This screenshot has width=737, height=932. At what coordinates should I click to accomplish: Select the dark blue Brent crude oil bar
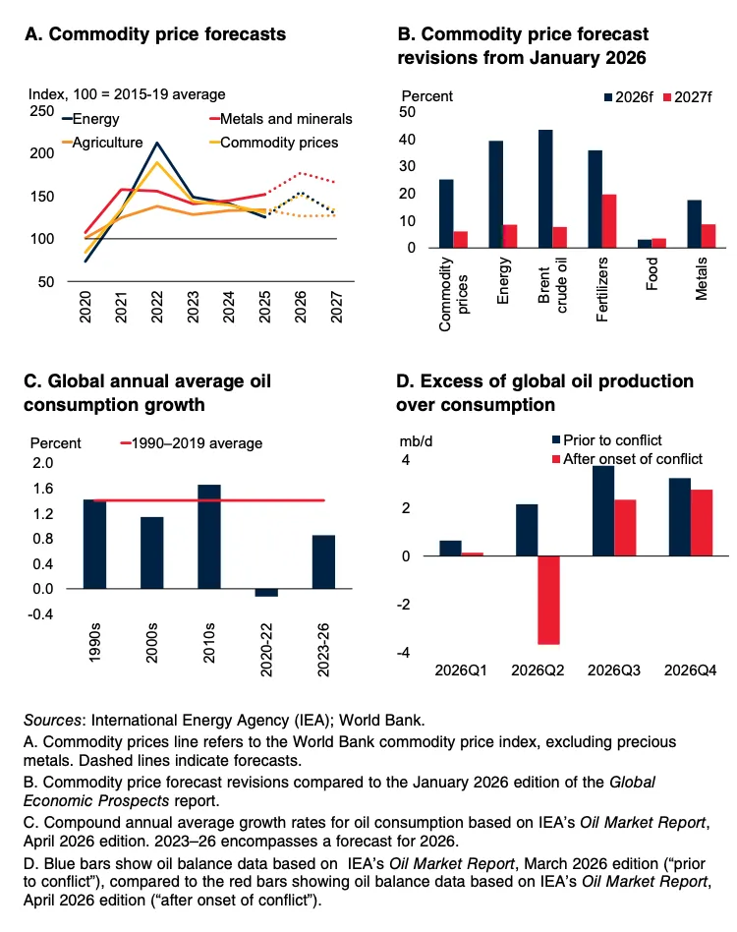(545, 188)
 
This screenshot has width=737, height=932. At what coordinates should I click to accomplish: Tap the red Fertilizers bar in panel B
(608, 220)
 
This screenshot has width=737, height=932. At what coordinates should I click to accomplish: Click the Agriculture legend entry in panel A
(102, 143)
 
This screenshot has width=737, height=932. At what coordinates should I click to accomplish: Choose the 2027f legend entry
(694, 97)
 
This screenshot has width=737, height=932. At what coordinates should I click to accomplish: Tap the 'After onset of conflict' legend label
(634, 458)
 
